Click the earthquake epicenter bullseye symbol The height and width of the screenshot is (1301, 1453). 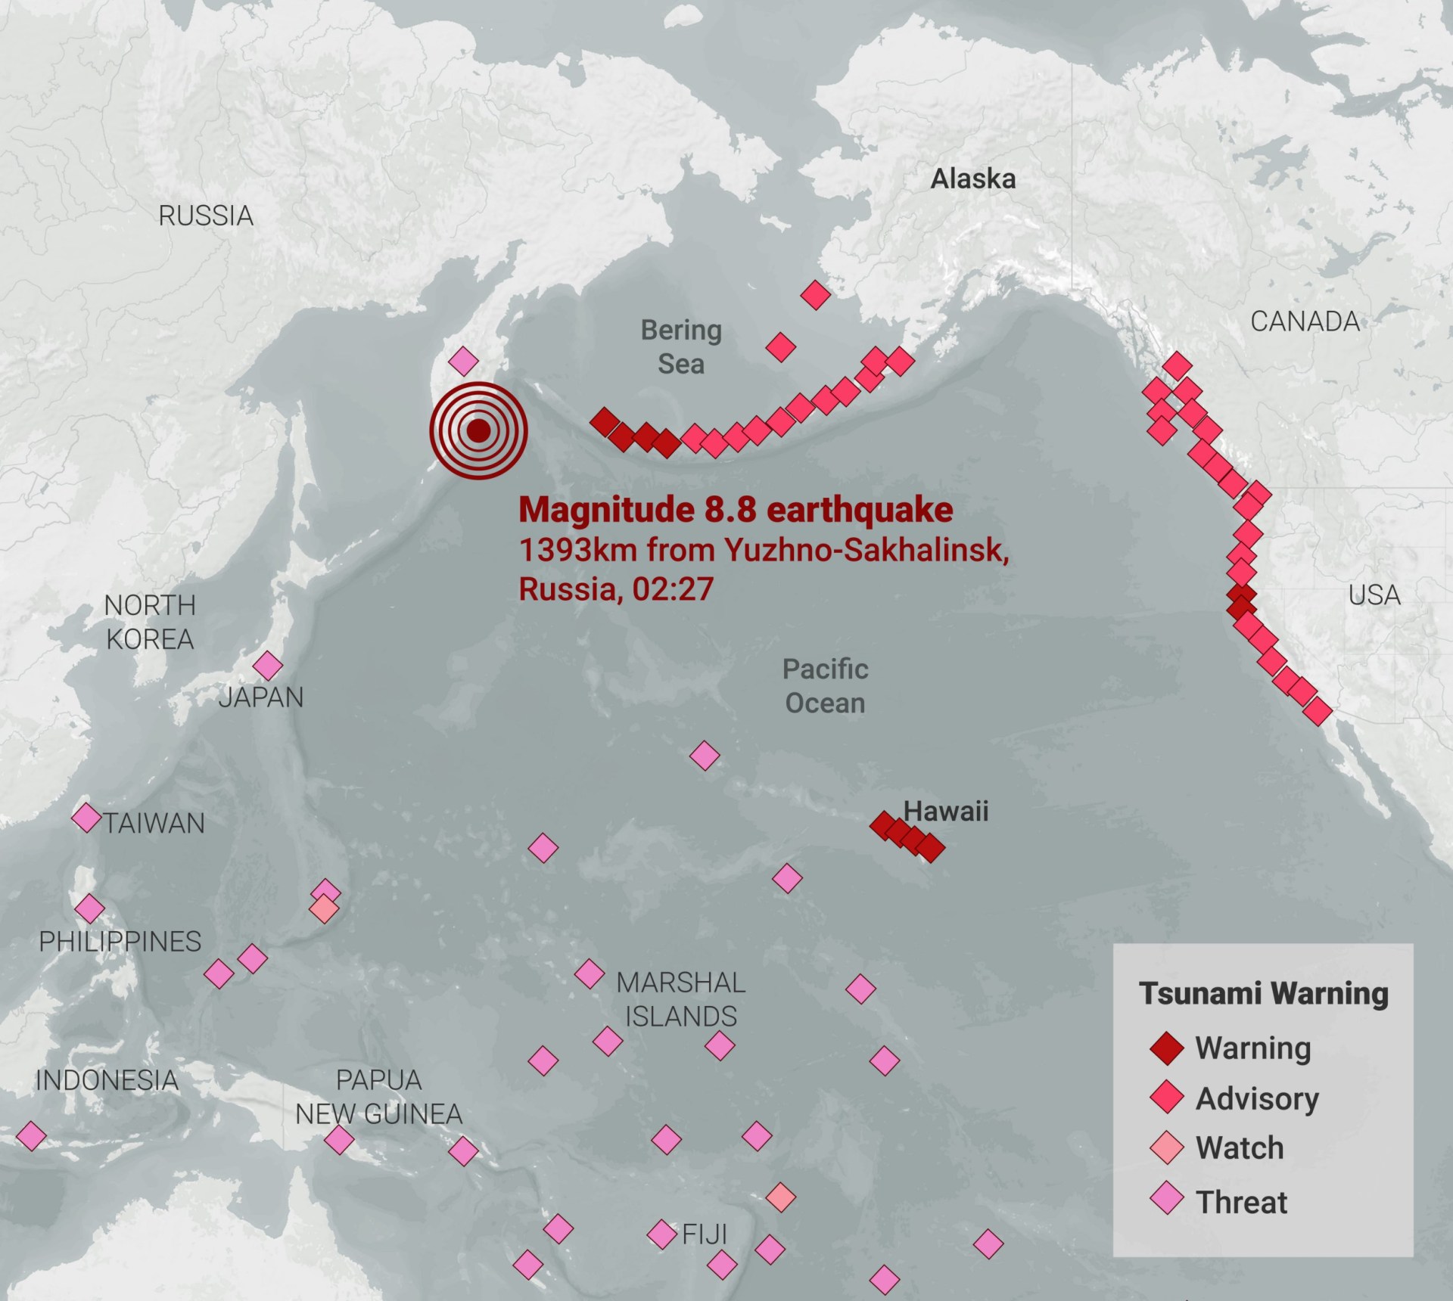point(478,431)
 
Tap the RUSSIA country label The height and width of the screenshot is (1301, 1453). point(206,216)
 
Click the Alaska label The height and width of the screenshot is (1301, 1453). point(972,179)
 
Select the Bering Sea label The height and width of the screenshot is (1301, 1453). point(681,347)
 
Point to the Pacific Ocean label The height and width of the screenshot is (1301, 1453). point(825,686)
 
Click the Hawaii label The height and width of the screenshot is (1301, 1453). point(946,812)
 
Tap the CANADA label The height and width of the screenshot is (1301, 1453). point(1305,321)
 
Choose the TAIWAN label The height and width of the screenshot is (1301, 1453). point(154,823)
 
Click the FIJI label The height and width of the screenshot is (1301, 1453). point(705,1234)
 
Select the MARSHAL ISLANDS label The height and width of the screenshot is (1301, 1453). point(681,999)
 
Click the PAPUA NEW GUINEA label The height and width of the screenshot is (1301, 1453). point(378,1097)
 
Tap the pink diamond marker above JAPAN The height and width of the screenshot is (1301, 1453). point(267,666)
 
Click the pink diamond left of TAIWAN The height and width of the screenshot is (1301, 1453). point(86,818)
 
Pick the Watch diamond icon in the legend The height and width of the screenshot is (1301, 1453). point(1166,1147)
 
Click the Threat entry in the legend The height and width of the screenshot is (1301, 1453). point(1241,1202)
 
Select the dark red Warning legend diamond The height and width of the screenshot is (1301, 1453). point(1166,1048)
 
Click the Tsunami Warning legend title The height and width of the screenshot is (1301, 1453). point(1264,993)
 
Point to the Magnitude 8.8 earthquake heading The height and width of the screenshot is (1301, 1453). point(736,510)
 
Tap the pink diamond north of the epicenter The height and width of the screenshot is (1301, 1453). point(463,362)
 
